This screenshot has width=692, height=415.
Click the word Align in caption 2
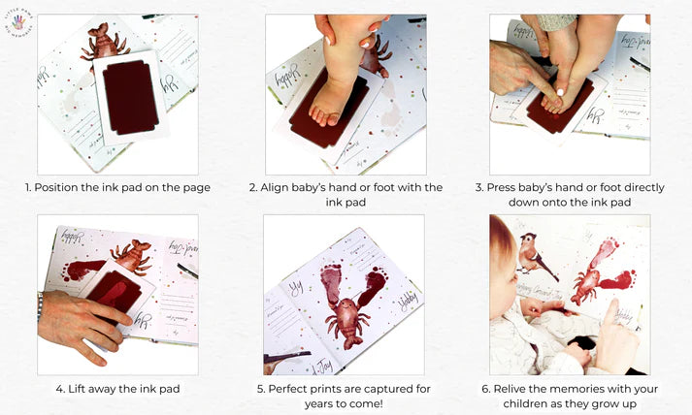[278, 187]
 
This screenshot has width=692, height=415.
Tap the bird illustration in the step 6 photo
[530, 255]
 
